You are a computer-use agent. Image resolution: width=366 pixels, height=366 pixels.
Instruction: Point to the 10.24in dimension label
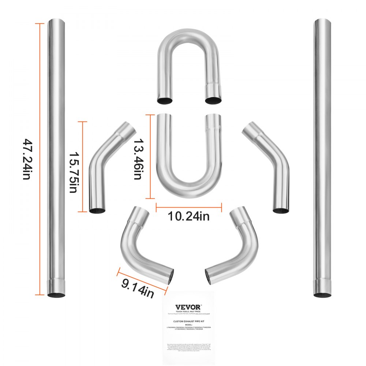pyautogui.click(x=188, y=216)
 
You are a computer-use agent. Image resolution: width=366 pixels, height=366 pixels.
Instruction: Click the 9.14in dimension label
pyautogui.click(x=137, y=286)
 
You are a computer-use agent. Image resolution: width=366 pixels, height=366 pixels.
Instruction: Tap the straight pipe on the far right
pyautogui.click(x=322, y=157)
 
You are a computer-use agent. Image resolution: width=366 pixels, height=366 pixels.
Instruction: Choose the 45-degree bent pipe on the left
pyautogui.click(x=106, y=165)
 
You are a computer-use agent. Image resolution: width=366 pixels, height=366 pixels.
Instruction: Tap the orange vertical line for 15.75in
pyautogui.click(x=82, y=167)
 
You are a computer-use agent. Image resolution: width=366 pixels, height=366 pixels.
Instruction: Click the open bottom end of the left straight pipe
pyautogui.click(x=57, y=294)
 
